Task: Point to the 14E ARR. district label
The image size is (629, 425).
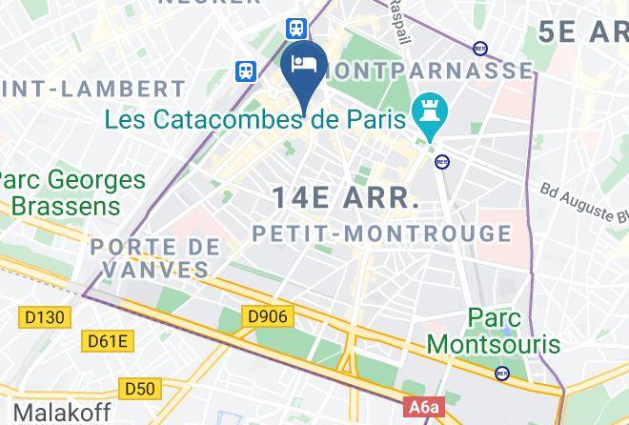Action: (x=346, y=198)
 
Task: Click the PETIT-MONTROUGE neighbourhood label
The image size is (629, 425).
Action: (x=382, y=233)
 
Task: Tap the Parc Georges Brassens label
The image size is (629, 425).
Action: (x=72, y=192)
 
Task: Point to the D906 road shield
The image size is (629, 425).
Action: (x=269, y=315)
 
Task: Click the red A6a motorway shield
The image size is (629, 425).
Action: (x=425, y=408)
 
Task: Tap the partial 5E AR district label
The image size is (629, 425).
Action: (x=581, y=31)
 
